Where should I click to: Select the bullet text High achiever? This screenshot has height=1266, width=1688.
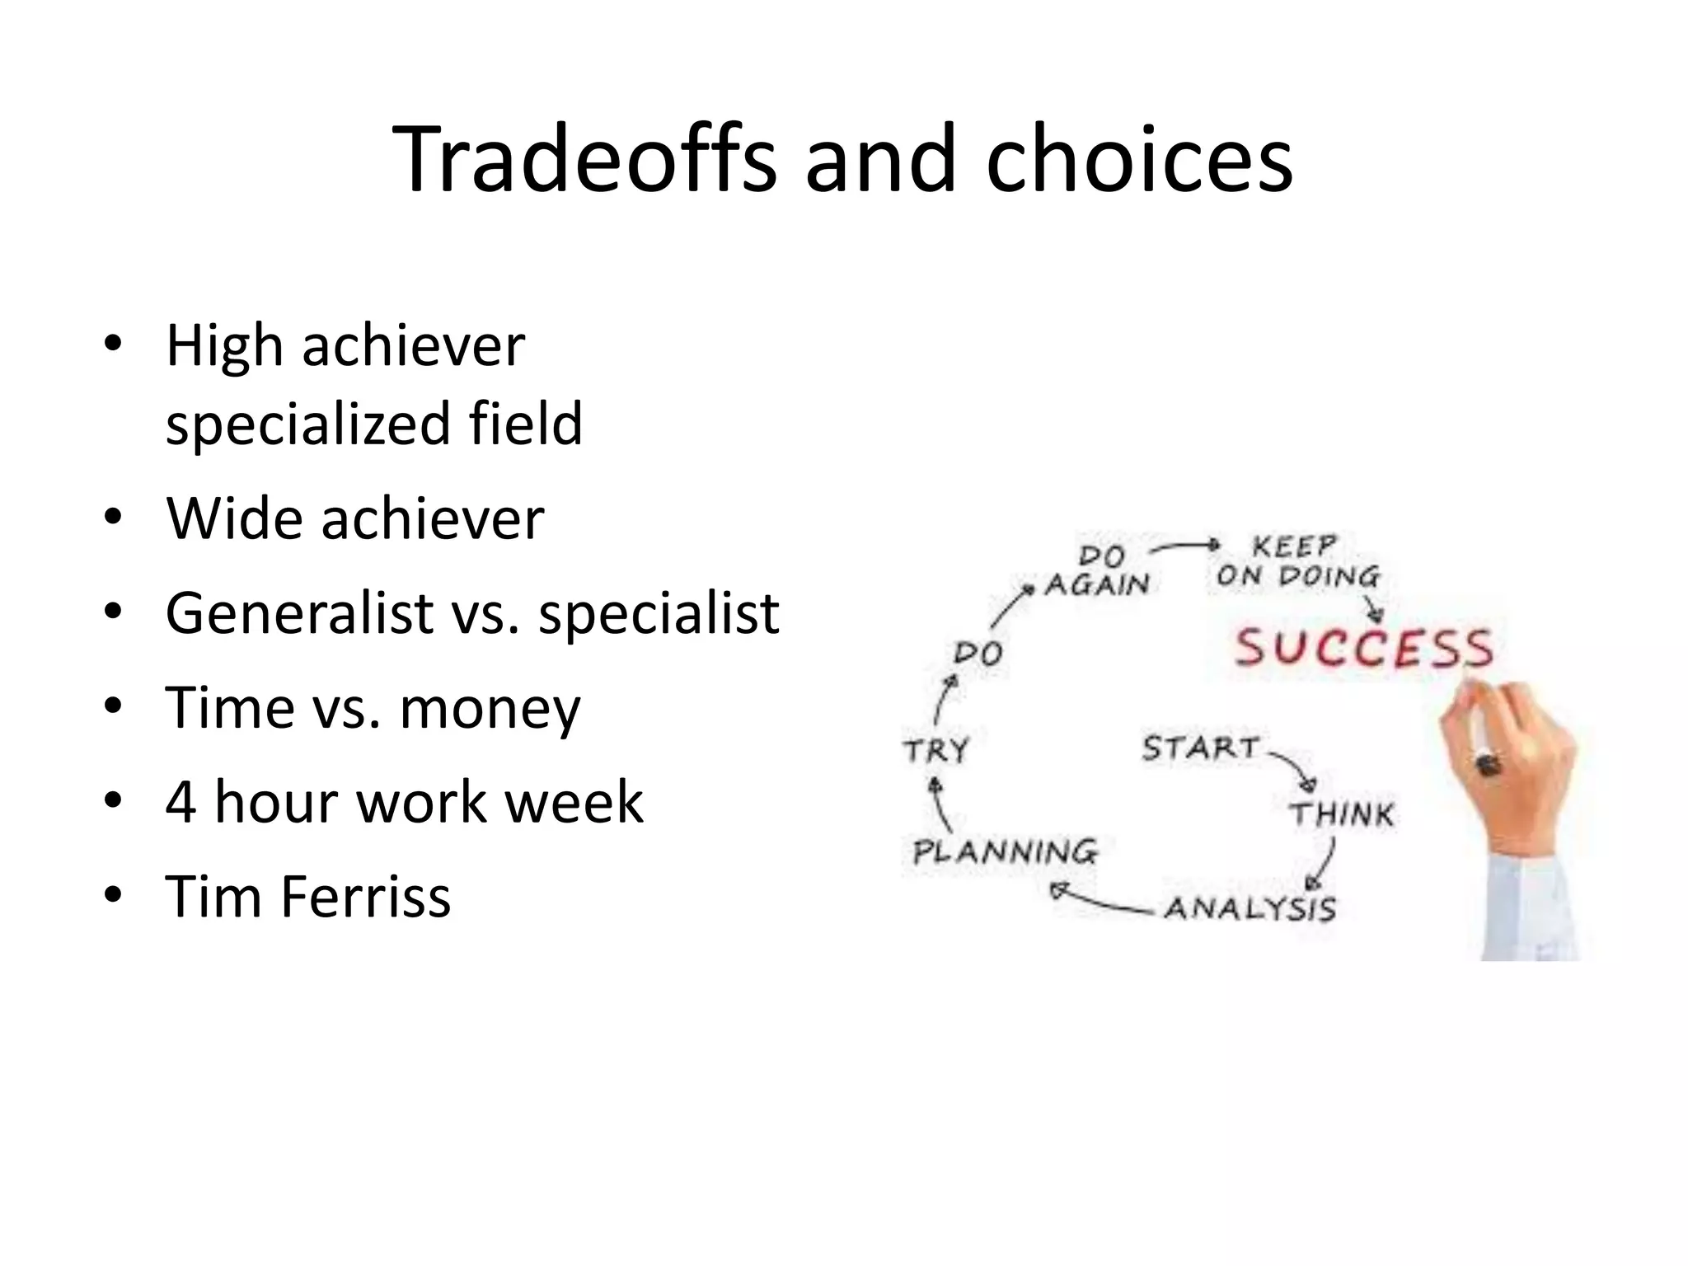[x=345, y=346]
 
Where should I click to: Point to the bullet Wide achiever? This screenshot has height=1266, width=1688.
[x=355, y=519]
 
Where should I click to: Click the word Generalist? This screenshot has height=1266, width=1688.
[x=299, y=613]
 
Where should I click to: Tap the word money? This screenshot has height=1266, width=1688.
[x=490, y=709]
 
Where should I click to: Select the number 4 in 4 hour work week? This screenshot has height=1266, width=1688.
[x=181, y=802]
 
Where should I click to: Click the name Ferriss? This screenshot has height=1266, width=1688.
[x=366, y=897]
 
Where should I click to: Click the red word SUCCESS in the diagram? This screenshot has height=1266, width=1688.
[x=1363, y=648]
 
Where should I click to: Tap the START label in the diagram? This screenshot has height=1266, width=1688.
[x=1200, y=748]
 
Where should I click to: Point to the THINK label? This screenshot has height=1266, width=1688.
[x=1341, y=814]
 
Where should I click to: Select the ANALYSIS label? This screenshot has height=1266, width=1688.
[x=1250, y=908]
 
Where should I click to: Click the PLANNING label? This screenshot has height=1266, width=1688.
[x=1005, y=851]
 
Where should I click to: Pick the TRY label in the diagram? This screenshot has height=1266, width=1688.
[x=936, y=751]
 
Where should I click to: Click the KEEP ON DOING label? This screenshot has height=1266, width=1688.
[x=1297, y=561]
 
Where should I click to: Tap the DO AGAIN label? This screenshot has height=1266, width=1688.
[x=1098, y=570]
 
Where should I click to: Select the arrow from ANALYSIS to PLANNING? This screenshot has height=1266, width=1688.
[x=1100, y=900]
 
